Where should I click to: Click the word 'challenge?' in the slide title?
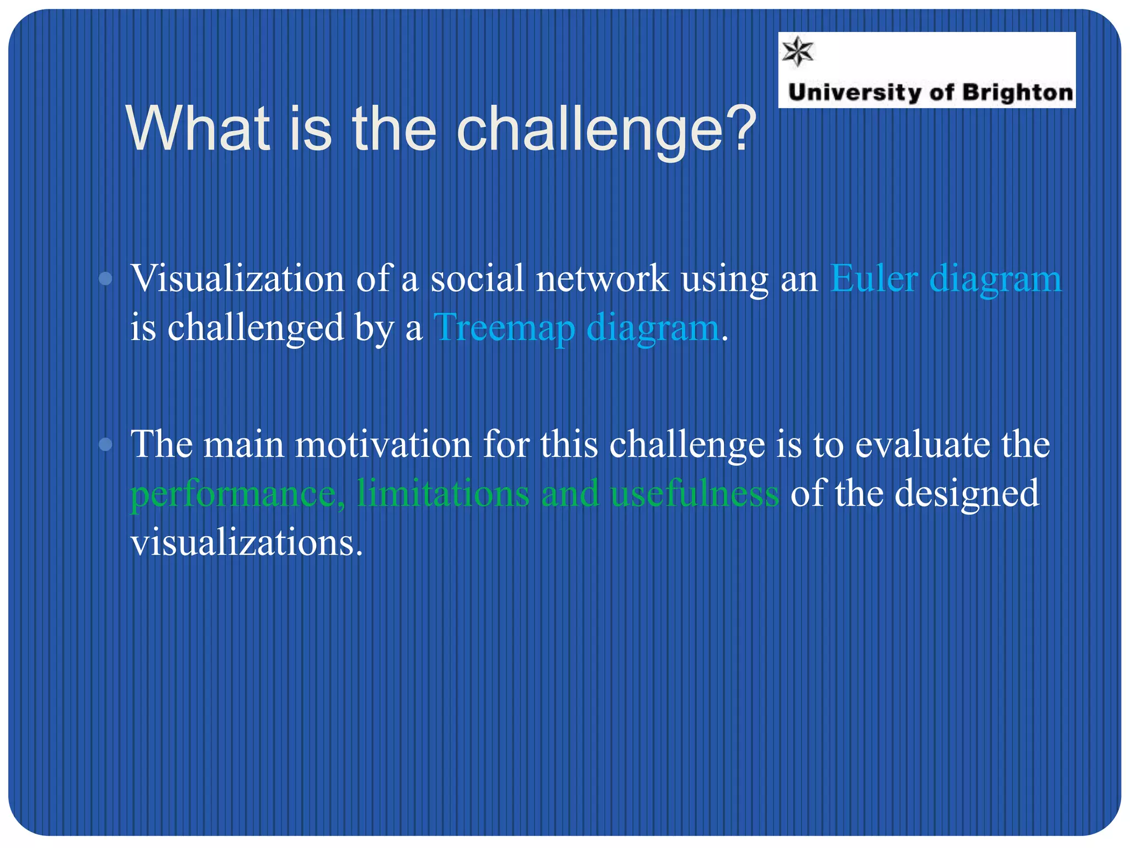coord(606,130)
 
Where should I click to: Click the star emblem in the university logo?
coord(798,52)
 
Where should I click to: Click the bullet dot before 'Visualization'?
coord(105,279)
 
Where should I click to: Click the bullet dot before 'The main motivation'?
coord(105,444)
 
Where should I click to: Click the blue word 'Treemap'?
coord(504,328)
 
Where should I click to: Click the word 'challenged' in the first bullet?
coord(255,328)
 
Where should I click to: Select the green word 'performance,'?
coord(238,494)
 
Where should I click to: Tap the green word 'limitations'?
coord(443,492)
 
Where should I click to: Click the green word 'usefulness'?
coord(695,492)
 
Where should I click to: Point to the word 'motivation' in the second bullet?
coord(383,444)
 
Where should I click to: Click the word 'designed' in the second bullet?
coord(966,494)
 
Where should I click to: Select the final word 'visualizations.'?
coord(247,542)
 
